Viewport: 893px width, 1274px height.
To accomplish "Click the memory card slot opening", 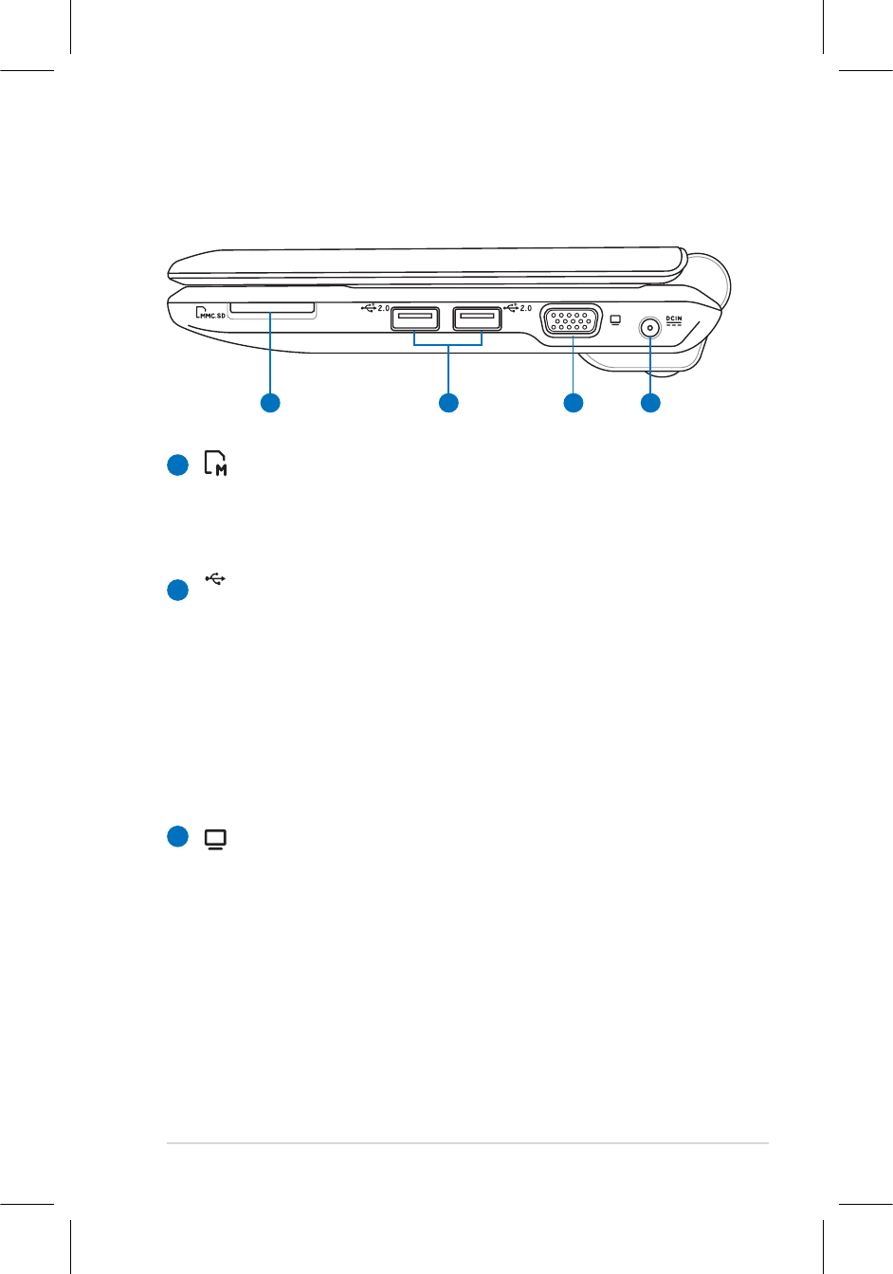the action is point(271,307).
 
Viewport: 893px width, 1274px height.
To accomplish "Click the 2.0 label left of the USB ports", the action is point(383,308).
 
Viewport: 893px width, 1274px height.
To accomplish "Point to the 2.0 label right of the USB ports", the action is point(525,308).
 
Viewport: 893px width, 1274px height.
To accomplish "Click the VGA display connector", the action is point(571,320).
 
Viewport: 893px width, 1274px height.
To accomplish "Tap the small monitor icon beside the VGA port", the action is point(616,319).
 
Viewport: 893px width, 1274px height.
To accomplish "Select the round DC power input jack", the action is point(650,328).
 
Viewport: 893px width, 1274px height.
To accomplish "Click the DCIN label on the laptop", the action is point(674,318).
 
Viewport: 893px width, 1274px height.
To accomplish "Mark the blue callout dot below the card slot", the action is point(270,403).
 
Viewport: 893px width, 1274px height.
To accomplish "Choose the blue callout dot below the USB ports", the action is point(448,403).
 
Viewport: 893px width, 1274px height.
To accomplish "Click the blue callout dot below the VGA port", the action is point(573,403).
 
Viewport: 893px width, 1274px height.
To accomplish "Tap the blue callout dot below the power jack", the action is point(650,403).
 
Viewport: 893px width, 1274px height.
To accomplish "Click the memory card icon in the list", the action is point(217,464).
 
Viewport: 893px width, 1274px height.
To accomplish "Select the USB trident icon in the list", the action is point(216,578).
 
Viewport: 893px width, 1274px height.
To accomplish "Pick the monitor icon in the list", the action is point(216,839).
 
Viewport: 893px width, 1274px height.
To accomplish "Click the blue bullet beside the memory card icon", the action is point(177,465).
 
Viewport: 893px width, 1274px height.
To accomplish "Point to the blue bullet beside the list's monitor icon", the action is point(177,836).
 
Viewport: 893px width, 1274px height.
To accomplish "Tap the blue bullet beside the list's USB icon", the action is point(177,590).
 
